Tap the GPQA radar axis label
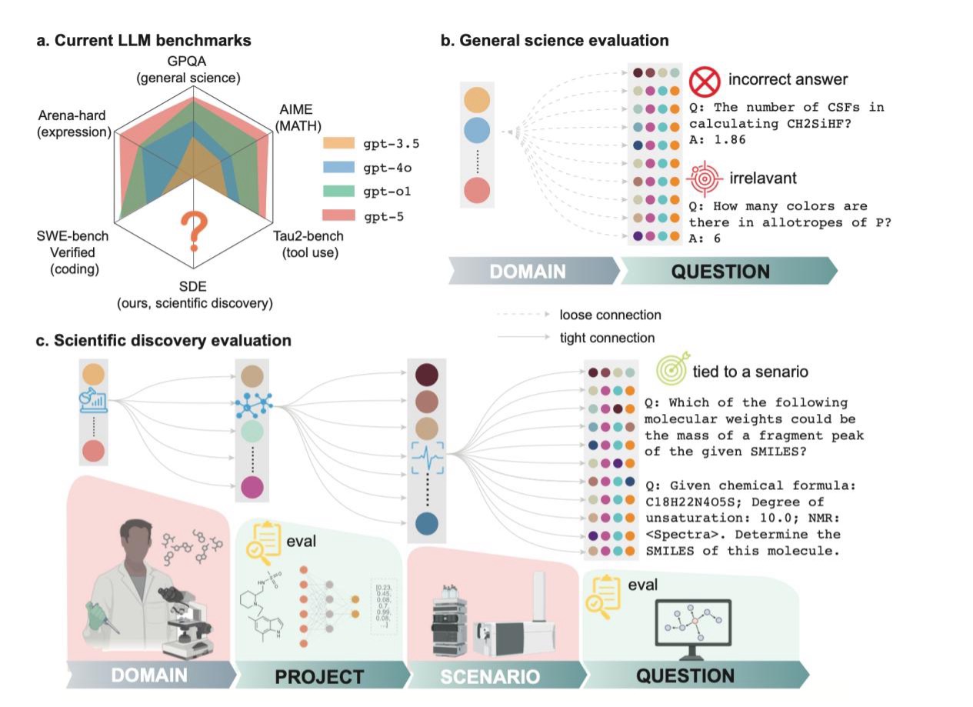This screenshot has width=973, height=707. [193, 70]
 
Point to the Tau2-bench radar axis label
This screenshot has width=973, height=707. [312, 242]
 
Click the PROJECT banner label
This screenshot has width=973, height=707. [319, 676]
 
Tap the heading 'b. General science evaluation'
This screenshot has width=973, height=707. [554, 39]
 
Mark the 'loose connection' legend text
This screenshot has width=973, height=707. [610, 315]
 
